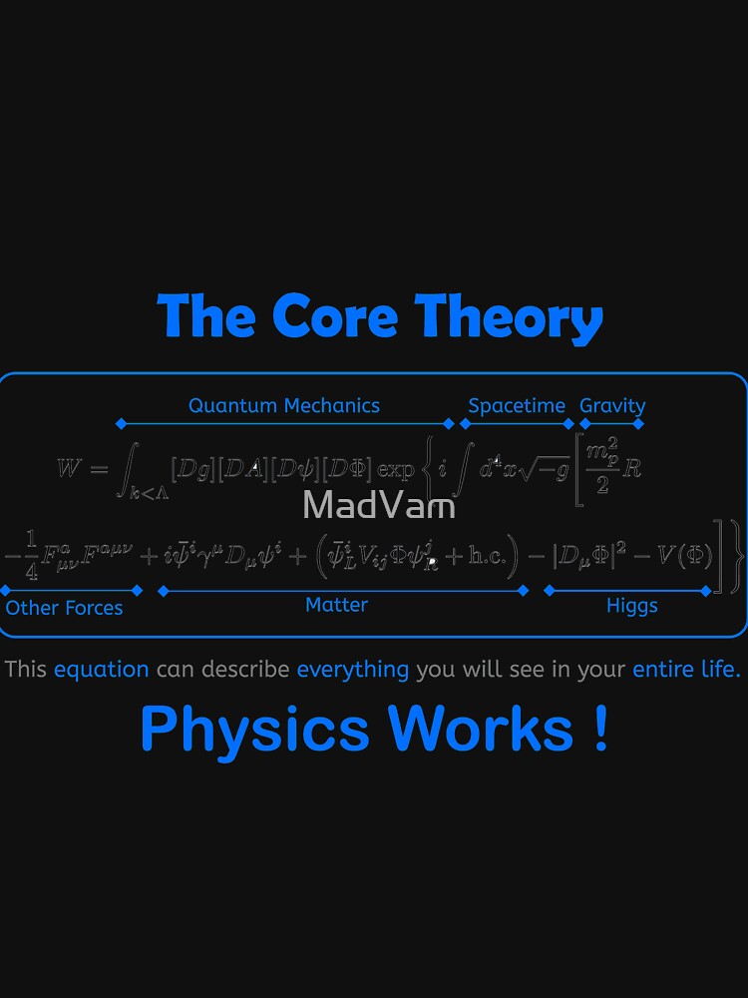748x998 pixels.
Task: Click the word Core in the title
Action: (x=335, y=316)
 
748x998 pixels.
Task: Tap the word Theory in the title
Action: (x=509, y=318)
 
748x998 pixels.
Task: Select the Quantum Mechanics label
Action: (x=284, y=405)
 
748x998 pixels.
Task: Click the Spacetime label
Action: (x=517, y=406)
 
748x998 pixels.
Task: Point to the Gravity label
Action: (x=612, y=406)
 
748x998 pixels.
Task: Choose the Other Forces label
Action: (x=65, y=608)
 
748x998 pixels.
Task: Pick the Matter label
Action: (x=336, y=605)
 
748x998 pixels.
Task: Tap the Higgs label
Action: (x=632, y=606)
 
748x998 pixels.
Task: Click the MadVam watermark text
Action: (x=379, y=505)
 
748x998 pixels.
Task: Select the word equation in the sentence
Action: (x=102, y=669)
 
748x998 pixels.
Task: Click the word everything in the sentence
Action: (x=353, y=669)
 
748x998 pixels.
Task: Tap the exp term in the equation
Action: (x=396, y=467)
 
